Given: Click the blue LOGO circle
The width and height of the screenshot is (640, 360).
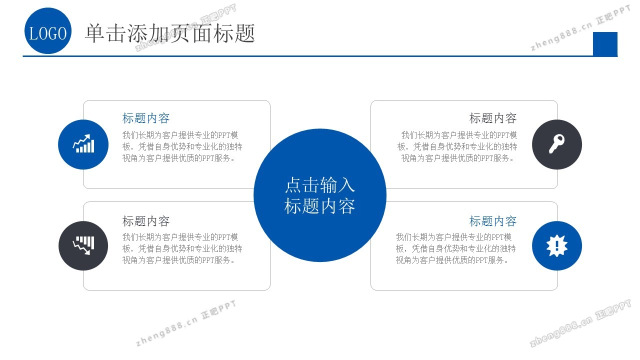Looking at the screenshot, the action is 48,31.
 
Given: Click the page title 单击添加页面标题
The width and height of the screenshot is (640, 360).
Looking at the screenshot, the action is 170,33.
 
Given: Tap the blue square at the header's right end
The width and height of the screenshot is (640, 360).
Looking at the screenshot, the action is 605,44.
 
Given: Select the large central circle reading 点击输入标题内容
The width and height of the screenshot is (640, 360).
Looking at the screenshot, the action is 320,195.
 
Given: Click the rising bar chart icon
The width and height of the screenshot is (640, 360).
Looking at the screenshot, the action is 83,143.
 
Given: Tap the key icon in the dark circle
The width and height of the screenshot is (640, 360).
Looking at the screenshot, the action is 556,143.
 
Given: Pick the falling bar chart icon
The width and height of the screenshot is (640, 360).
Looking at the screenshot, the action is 83,245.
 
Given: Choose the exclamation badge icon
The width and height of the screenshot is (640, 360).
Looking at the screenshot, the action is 557,245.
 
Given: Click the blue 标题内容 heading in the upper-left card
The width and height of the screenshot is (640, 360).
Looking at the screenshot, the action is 146,118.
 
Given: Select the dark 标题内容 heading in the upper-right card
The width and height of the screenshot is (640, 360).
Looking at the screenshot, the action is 493,118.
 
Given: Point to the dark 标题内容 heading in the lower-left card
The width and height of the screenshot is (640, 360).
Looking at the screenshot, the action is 146,221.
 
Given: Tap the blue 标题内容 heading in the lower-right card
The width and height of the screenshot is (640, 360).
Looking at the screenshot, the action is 493,221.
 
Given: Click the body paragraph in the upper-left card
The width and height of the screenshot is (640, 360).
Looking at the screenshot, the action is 182,146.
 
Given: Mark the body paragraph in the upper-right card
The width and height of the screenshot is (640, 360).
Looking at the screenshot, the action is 457,146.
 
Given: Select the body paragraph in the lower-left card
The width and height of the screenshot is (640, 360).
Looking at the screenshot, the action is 182,248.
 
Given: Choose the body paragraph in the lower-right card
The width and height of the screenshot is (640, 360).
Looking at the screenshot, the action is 455,248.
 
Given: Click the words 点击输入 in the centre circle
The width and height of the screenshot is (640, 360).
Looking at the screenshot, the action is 320,185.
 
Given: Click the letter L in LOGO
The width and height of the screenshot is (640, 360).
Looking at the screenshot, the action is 33,33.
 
